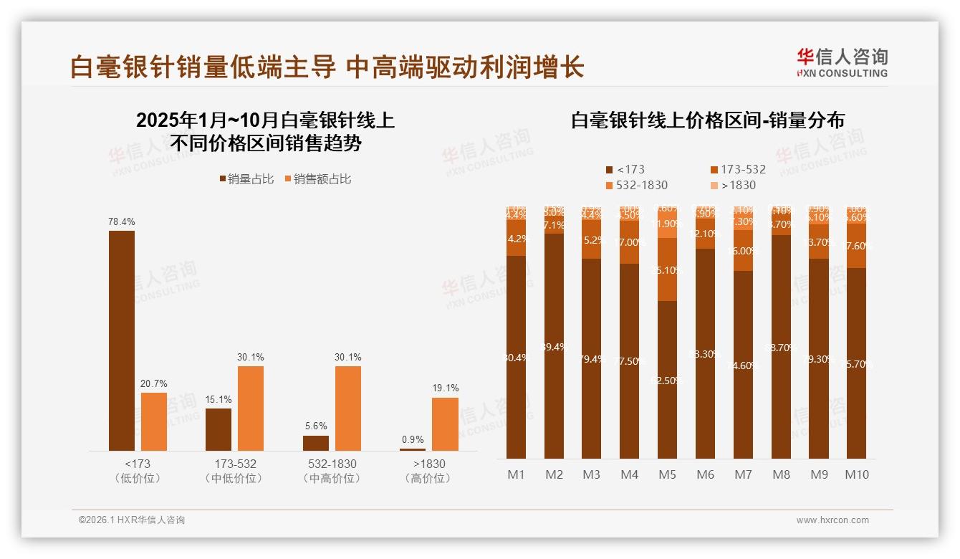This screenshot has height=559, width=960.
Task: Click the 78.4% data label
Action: pos(122,222)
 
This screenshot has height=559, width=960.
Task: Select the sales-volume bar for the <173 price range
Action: pos(122,340)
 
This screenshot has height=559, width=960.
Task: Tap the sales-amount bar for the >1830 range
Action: pos(445,424)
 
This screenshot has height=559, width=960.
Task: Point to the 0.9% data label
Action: pos(413,440)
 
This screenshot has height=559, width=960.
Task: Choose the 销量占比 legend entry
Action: pos(246,179)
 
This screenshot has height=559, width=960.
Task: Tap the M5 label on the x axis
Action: pos(667,474)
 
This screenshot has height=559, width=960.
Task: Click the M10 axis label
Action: pos(857,474)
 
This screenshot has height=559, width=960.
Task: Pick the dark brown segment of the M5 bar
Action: pos(667,380)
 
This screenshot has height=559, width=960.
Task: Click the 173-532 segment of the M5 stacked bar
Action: pos(667,269)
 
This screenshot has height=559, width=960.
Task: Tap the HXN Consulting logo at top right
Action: pos(842,63)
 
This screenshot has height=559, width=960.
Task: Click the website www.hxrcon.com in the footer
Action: pos(832,520)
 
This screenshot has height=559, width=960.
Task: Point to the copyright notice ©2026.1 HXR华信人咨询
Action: pos(132,520)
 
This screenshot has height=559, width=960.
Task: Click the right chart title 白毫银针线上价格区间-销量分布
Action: pos(707,120)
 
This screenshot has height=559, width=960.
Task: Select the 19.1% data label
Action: pos(445,388)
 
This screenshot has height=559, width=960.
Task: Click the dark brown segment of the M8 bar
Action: pos(781,347)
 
